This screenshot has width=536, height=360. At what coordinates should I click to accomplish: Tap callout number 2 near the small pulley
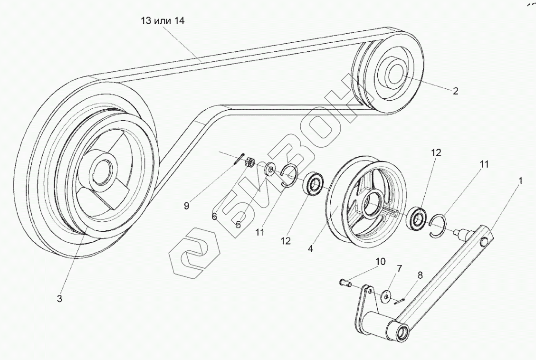tap(455, 91)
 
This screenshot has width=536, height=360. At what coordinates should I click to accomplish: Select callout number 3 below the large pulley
tap(59, 298)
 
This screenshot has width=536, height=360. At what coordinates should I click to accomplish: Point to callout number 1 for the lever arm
tap(520, 181)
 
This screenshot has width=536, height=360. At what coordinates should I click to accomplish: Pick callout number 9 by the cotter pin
tap(186, 206)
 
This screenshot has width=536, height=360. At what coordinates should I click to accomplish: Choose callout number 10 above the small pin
tap(381, 262)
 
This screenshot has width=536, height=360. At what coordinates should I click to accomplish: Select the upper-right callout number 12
tap(436, 153)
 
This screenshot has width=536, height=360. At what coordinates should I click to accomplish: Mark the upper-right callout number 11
tap(484, 164)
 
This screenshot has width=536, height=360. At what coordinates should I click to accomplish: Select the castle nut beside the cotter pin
tap(248, 163)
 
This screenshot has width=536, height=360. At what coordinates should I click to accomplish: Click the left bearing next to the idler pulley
tap(314, 183)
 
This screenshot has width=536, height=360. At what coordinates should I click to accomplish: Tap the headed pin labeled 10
tap(343, 283)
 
